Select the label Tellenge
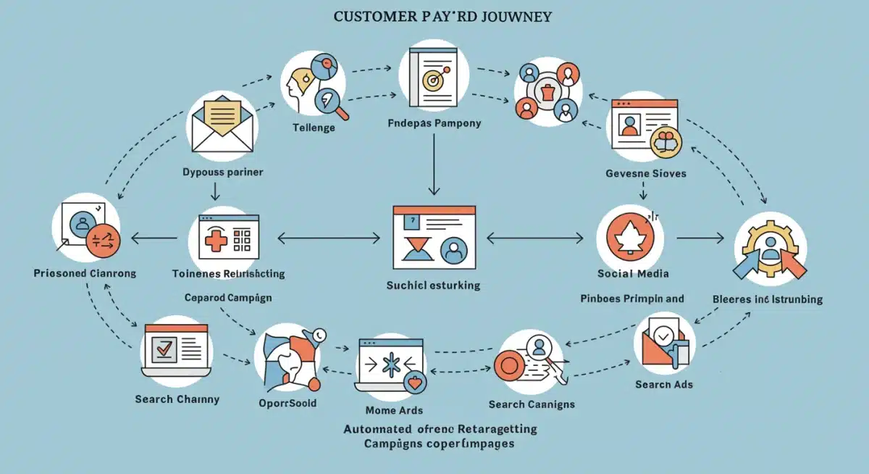tap(313, 128)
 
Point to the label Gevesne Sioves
tap(646, 174)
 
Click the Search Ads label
tap(664, 384)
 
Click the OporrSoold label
tap(287, 403)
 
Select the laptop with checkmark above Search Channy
tap(176, 350)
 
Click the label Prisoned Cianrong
tap(85, 273)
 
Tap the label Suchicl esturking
tap(434, 286)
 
